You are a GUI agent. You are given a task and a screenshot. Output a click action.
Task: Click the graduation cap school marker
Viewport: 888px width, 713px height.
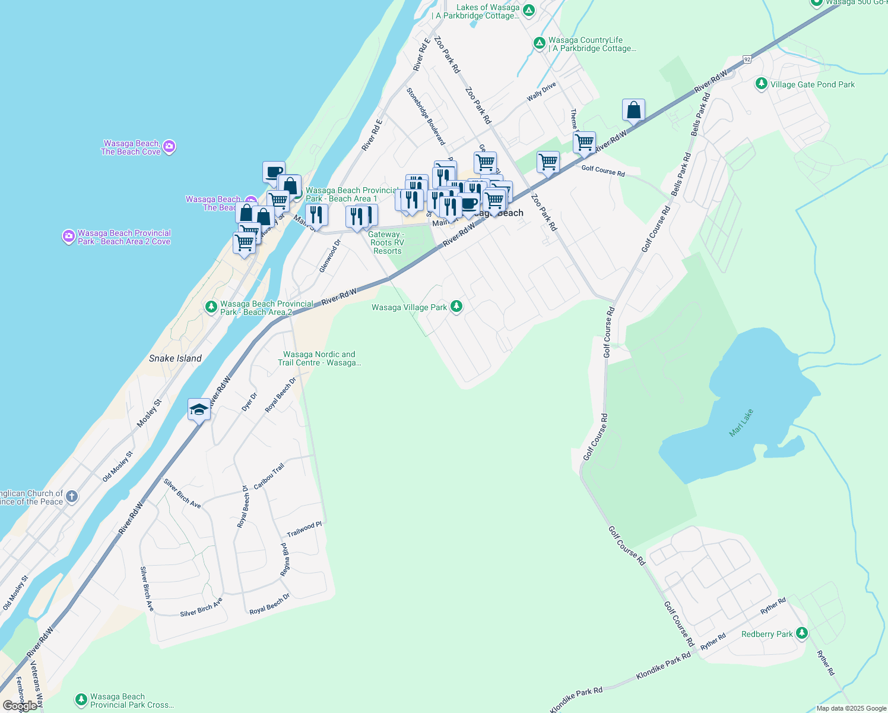pyautogui.click(x=199, y=409)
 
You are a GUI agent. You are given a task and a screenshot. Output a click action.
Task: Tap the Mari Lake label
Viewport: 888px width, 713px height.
pyautogui.click(x=741, y=422)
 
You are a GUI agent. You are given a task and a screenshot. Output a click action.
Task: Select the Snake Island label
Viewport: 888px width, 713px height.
pyautogui.click(x=175, y=358)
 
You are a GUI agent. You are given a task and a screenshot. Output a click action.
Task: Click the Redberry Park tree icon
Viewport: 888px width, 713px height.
pyautogui.click(x=802, y=633)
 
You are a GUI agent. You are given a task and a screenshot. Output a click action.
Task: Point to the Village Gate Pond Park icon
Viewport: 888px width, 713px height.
pyautogui.click(x=762, y=84)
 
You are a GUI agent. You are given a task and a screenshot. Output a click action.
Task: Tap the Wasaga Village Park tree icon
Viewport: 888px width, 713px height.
pyautogui.click(x=456, y=307)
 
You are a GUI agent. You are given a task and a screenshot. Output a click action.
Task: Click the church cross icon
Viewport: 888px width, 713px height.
pyautogui.click(x=71, y=497)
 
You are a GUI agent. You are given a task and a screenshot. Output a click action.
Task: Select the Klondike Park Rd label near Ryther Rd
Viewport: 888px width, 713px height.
pyautogui.click(x=663, y=666)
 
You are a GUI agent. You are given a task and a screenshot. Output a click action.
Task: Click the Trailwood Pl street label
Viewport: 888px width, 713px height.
pyautogui.click(x=304, y=529)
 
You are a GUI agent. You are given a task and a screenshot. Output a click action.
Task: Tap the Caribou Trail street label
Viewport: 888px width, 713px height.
pyautogui.click(x=269, y=477)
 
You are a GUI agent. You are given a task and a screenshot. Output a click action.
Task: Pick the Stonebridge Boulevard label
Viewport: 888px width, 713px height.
pyautogui.click(x=426, y=116)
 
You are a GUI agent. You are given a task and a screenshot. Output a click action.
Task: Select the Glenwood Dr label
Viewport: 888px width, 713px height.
pyautogui.click(x=330, y=256)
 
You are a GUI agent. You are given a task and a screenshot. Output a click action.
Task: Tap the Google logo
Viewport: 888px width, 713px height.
pyautogui.click(x=20, y=706)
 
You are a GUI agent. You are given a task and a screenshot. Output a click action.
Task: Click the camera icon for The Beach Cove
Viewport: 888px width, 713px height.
pyautogui.click(x=169, y=147)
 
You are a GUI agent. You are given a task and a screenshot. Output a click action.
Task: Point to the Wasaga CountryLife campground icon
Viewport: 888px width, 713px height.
pyautogui.click(x=539, y=43)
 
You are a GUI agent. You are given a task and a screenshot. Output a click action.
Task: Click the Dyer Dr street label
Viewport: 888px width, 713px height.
pyautogui.click(x=249, y=402)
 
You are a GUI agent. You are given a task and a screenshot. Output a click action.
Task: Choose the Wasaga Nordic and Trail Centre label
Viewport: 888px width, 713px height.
pyautogui.click(x=319, y=358)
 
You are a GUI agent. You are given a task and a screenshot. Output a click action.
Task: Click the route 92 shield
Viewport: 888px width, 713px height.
pyautogui.click(x=747, y=59)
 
